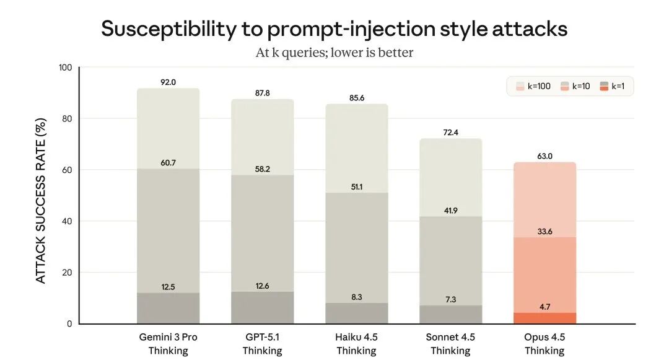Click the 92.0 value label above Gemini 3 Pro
(x=168, y=82)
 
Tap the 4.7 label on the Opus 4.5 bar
(x=544, y=306)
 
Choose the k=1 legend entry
(x=614, y=87)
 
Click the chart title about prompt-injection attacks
(x=334, y=29)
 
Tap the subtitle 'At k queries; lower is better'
(x=334, y=53)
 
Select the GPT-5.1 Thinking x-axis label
(x=262, y=344)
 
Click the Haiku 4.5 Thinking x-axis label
(x=356, y=344)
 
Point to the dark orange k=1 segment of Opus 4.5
(x=544, y=318)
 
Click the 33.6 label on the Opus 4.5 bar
(x=544, y=231)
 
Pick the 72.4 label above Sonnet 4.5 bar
(x=450, y=132)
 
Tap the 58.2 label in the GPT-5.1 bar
(x=262, y=169)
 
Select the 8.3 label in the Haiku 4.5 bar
(x=356, y=297)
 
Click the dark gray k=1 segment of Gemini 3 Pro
(x=168, y=308)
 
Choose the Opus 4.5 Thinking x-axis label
(x=544, y=344)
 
